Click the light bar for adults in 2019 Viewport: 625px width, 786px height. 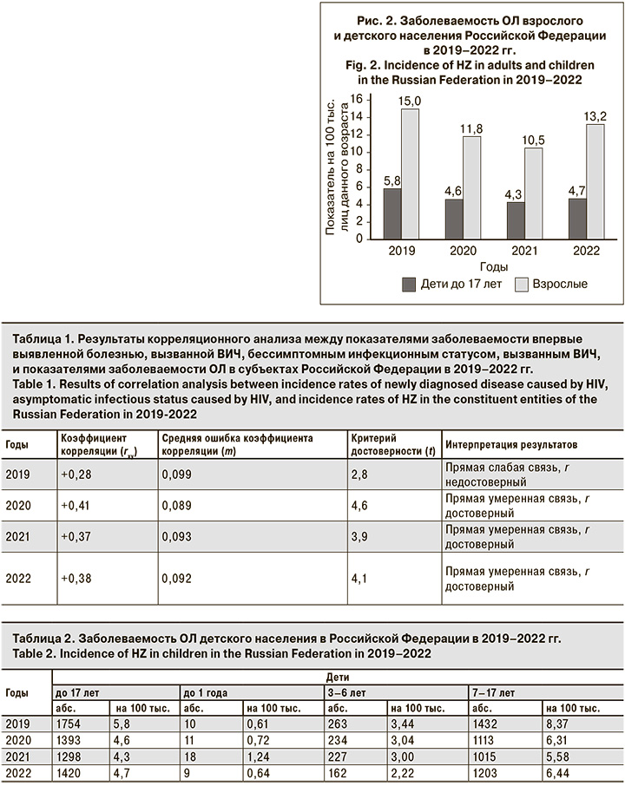pyautogui.click(x=410, y=174)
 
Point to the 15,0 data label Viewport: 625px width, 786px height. pyautogui.click(x=410, y=102)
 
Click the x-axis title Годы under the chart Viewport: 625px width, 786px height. pyautogui.click(x=494, y=266)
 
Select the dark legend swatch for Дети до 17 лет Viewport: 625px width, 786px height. pyautogui.click(x=410, y=284)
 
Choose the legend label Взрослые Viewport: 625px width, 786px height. pyautogui.click(x=561, y=284)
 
